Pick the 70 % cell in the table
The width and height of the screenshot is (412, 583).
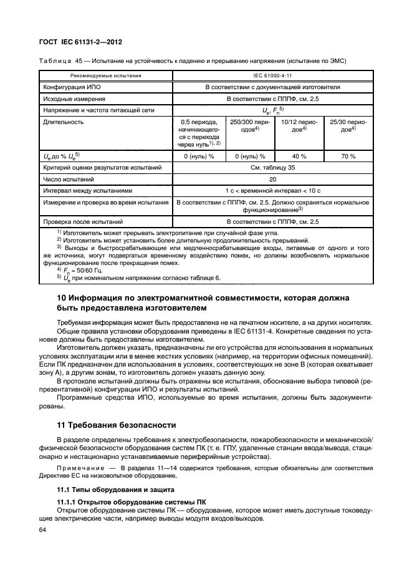(347, 156)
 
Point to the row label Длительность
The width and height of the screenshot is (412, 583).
(63, 122)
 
